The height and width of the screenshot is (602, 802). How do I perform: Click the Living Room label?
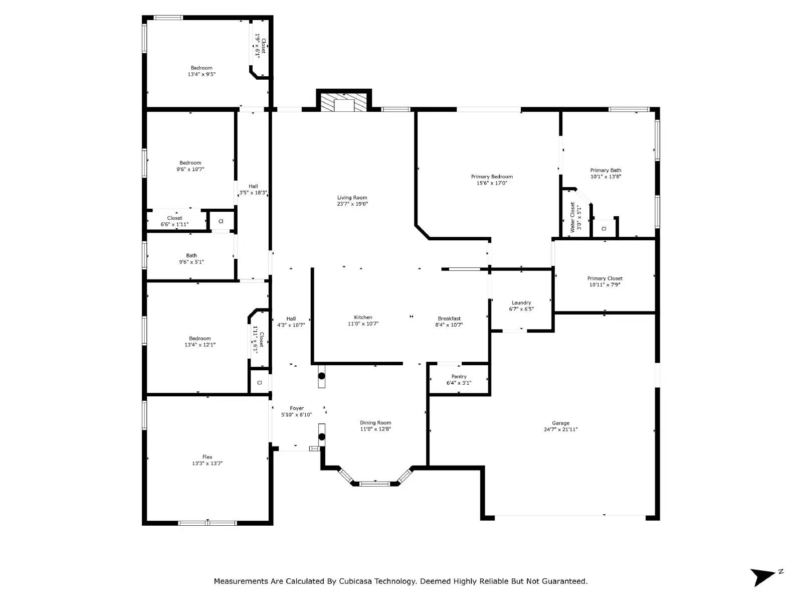point(352,197)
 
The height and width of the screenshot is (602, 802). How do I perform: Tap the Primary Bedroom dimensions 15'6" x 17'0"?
point(491,183)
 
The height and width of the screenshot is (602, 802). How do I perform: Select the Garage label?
point(560,423)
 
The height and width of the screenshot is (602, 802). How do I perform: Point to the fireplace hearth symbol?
point(343,102)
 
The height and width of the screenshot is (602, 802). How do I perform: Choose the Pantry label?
point(459,376)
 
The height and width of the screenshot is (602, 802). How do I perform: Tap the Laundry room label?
point(521,303)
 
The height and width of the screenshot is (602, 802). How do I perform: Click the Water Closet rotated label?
point(572,217)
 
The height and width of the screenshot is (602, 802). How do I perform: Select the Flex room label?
point(207,457)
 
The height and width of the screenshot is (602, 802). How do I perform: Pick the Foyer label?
point(297,408)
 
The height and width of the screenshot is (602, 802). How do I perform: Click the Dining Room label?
point(375,422)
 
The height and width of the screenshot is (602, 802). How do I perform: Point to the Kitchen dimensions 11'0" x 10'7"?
point(363,324)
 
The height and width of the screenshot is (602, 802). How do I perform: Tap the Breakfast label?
point(449,319)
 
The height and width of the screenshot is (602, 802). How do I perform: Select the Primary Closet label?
point(605,278)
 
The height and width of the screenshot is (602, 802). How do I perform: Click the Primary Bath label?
point(606,170)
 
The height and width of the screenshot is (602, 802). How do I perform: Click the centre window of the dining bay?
point(375,484)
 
